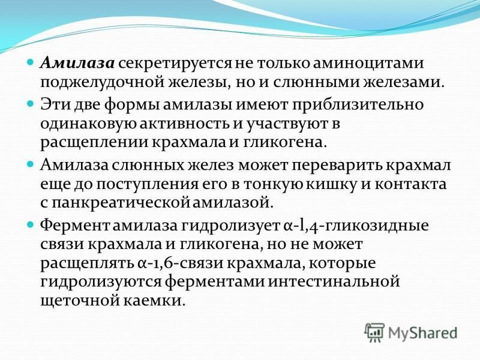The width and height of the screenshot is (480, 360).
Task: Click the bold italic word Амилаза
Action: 77,64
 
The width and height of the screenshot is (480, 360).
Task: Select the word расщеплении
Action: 95,143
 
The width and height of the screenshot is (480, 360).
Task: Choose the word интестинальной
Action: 334,281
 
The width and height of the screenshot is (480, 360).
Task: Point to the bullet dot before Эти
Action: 31,104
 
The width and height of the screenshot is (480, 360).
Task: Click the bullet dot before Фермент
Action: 31,225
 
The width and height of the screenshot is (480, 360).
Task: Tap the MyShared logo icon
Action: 374,332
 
